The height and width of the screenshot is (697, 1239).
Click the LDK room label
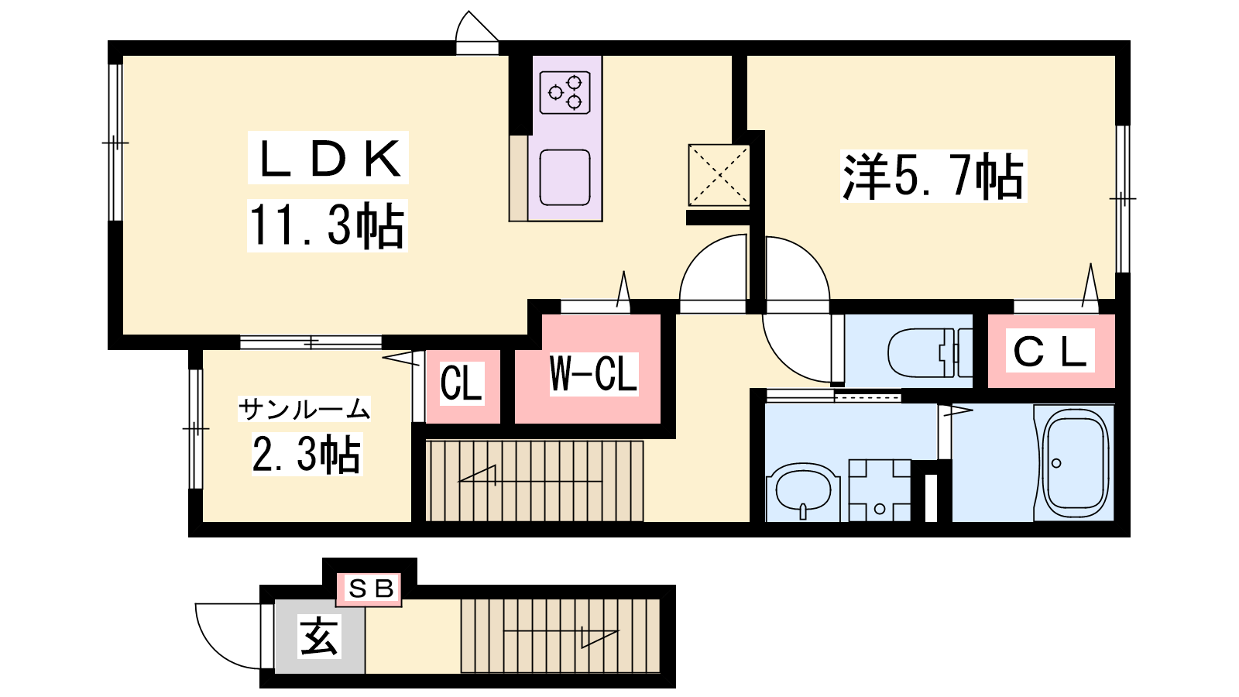point(328,159)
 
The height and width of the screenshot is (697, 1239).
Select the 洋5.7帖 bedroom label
point(932,177)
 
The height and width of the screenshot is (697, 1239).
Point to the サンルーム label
point(304,408)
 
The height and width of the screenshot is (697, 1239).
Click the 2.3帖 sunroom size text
point(307,455)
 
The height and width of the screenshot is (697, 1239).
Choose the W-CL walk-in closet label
point(593,373)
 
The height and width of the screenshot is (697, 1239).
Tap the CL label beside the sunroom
point(462,383)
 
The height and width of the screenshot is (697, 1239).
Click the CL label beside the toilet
point(1050,352)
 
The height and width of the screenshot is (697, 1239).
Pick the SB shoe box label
point(370,589)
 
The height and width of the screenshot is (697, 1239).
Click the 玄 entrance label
point(319,637)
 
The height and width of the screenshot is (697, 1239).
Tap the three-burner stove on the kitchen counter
point(565,92)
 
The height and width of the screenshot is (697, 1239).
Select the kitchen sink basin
point(565,177)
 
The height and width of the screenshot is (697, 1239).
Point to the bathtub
point(1075,462)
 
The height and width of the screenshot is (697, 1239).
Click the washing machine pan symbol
point(880,490)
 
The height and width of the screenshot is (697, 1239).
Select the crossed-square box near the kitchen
point(719,175)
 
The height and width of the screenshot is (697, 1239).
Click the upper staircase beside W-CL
point(534,481)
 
